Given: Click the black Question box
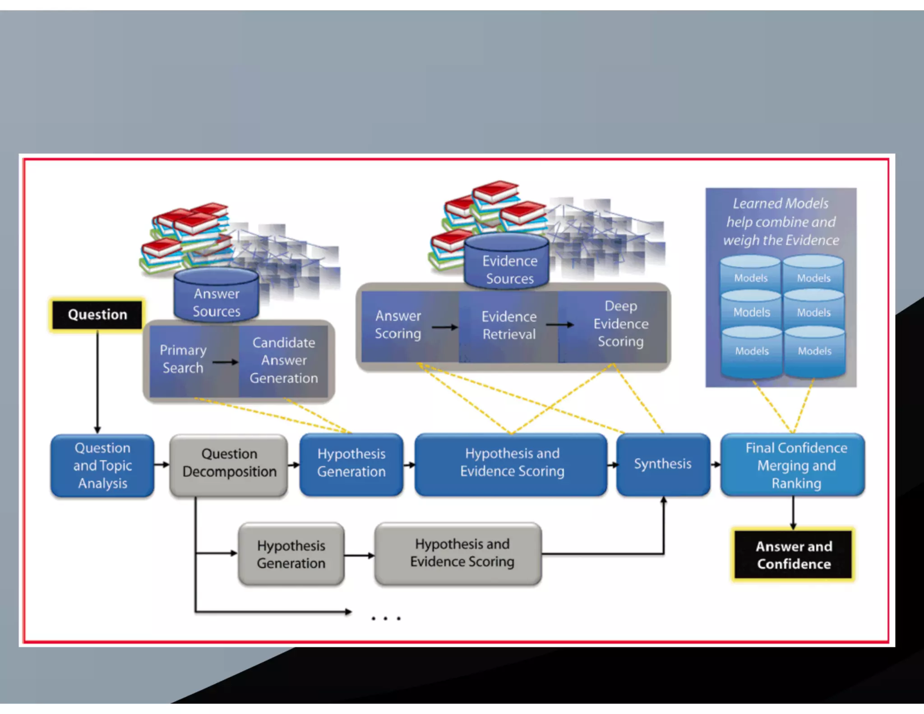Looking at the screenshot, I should click(x=97, y=315).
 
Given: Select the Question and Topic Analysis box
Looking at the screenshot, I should click(x=102, y=465).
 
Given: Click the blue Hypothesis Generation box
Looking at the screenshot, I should click(x=351, y=463).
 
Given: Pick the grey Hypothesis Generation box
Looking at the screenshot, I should click(x=291, y=554).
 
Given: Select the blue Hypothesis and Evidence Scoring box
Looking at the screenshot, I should click(x=511, y=463).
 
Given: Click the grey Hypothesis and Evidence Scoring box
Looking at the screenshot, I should click(x=458, y=553).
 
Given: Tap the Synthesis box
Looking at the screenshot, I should click(x=662, y=464).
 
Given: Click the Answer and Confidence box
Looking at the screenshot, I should click(x=793, y=555).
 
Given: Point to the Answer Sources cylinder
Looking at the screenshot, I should click(x=217, y=298).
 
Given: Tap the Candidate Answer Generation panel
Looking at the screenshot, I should click(x=284, y=361).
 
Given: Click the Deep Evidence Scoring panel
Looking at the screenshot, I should click(x=620, y=324).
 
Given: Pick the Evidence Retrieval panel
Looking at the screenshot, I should click(x=508, y=325).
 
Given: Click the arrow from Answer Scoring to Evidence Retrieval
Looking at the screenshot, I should click(x=444, y=327).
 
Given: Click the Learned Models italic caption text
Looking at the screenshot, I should click(x=781, y=222).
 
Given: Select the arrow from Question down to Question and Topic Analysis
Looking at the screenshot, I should click(x=97, y=381).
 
